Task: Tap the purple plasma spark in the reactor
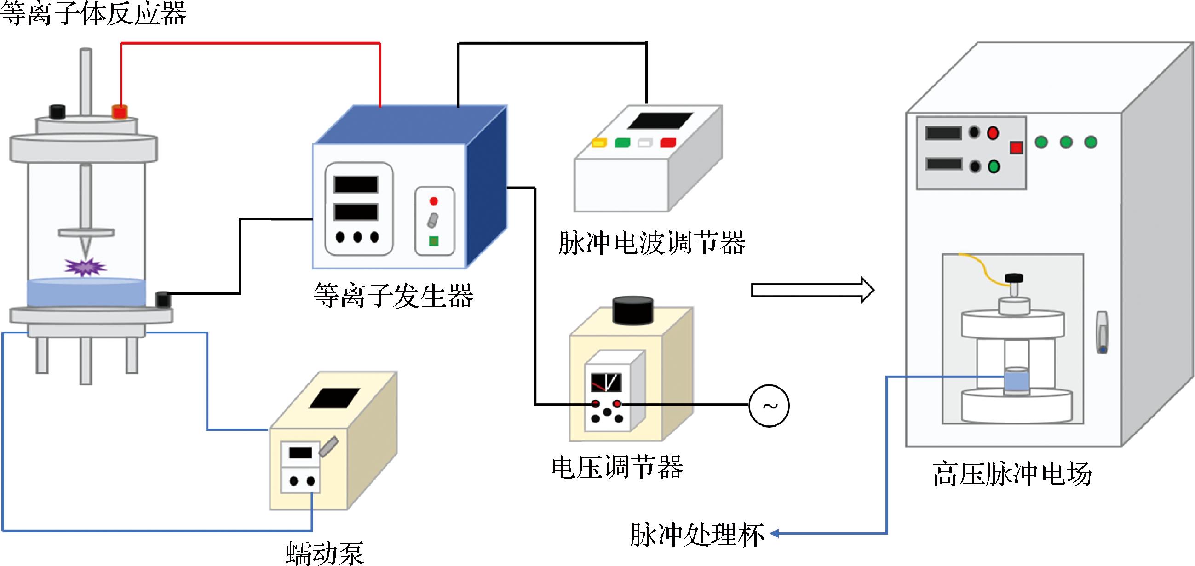point(85,267)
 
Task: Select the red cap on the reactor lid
point(120,112)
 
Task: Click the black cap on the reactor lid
point(57,112)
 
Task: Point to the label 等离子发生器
point(393,295)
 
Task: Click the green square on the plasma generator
point(434,241)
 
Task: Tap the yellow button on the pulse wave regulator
point(599,143)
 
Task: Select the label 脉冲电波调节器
point(651,243)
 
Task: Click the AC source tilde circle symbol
point(769,405)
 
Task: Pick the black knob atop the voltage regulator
point(633,309)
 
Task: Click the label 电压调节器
point(617,467)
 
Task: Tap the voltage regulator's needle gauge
point(606,383)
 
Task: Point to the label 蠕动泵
point(325,553)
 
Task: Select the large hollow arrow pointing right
point(812,290)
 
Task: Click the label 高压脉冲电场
point(1012,474)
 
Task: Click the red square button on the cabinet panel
point(1017,148)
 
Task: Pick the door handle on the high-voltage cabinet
point(1102,332)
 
